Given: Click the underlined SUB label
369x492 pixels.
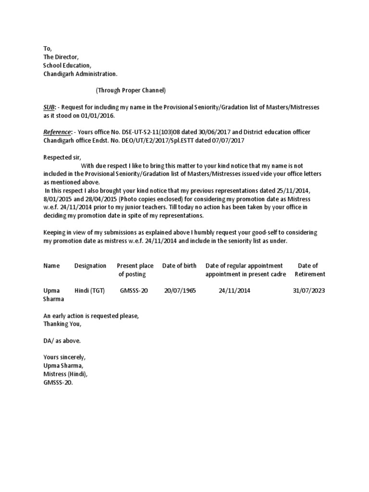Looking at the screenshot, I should (x=49, y=106).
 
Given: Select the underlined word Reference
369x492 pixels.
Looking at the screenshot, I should (x=57, y=132).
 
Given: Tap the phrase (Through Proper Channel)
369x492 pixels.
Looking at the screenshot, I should (x=130, y=90).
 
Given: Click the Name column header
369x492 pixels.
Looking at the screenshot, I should (x=51, y=266).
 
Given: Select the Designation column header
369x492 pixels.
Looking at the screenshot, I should (x=90, y=266).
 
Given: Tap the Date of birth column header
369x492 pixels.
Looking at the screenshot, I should (x=179, y=266).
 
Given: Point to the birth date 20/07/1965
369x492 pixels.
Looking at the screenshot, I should (x=180, y=291).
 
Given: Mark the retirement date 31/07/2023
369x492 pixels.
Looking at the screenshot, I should (x=309, y=291).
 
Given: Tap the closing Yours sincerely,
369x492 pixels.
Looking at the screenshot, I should (x=64, y=357).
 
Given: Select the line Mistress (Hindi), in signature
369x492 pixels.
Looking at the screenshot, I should (x=66, y=374).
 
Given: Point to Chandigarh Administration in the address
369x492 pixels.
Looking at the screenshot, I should (x=80, y=74).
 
